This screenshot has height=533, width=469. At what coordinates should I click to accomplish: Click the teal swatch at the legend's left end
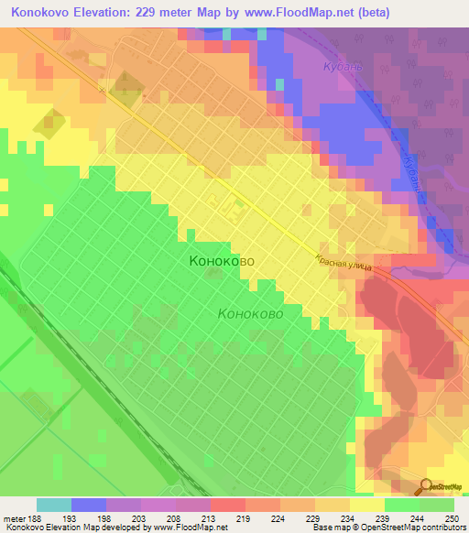pos(54,505)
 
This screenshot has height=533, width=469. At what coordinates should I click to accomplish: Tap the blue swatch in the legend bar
pos(89,505)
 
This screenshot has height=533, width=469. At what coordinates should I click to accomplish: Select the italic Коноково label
pos(250,313)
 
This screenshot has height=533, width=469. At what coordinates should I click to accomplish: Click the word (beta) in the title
pos(376,13)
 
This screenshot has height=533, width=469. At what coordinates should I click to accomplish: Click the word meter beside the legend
pos(13,517)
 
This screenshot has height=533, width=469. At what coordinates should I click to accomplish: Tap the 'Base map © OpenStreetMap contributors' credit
pos(387,528)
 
